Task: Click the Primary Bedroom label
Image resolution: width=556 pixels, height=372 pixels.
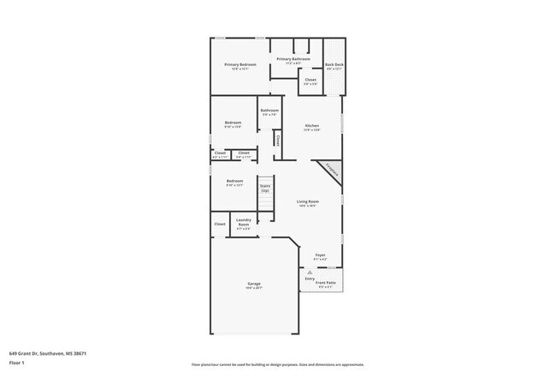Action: [x=240, y=65]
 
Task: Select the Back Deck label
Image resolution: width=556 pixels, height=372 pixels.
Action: [x=334, y=65]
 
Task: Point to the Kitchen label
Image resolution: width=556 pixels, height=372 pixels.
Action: [x=312, y=126]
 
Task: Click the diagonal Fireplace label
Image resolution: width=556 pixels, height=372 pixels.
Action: [x=330, y=169]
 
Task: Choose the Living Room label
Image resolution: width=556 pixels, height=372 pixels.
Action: [x=308, y=201]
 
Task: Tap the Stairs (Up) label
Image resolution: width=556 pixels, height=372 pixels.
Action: [x=265, y=187]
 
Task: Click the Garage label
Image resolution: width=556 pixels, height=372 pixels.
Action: [x=254, y=284]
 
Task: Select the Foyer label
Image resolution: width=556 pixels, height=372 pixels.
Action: [x=320, y=255]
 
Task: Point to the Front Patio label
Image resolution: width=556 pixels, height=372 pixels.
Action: [x=325, y=282]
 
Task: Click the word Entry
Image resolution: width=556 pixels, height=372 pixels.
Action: [x=310, y=279]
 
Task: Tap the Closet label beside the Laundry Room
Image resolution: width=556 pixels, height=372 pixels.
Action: [x=220, y=224]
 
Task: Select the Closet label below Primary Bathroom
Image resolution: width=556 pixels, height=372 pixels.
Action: [x=311, y=80]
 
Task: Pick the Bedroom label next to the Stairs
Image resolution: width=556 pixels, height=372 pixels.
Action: [x=234, y=181]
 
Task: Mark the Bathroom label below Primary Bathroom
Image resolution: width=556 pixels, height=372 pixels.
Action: [x=269, y=110]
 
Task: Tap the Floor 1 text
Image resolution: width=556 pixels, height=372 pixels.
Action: [x=17, y=363]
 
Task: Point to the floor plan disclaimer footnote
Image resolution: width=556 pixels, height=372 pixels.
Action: [x=278, y=364]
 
